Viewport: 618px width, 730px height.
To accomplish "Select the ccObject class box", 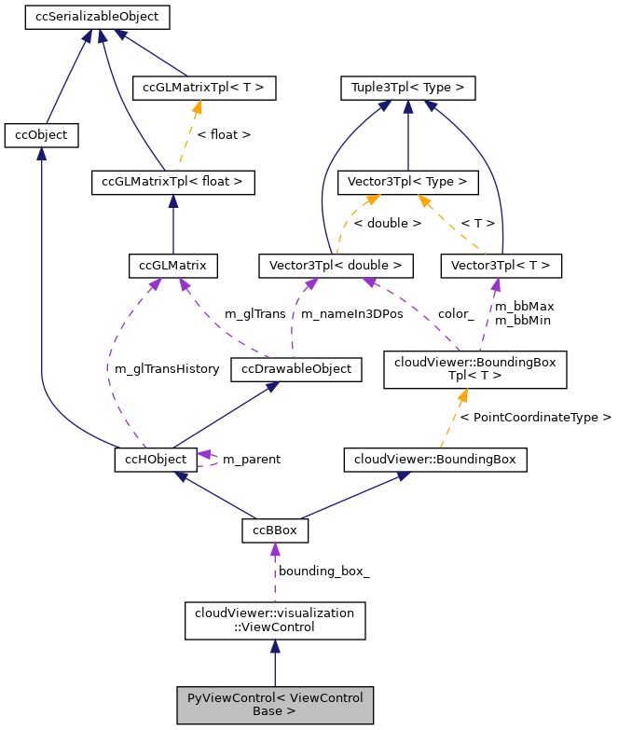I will (41, 135).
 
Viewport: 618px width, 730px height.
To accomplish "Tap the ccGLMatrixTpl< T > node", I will (204, 89).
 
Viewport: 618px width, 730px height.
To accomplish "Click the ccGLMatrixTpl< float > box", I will (172, 182).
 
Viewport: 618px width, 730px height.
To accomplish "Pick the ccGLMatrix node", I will (172, 266).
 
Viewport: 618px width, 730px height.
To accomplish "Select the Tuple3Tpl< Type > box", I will (407, 89).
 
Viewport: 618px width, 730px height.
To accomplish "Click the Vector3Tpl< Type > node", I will (407, 182).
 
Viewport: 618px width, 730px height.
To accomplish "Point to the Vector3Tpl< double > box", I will (335, 266).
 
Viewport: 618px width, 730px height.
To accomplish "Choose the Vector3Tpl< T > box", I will (501, 266).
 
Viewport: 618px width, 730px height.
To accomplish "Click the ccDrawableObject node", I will (295, 369).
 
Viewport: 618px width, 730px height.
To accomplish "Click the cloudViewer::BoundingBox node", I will (435, 459).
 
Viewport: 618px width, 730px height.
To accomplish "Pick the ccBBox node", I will (275, 530).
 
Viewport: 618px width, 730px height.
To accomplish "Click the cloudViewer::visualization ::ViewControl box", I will (274, 621).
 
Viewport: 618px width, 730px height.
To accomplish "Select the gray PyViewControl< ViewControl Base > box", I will (274, 705).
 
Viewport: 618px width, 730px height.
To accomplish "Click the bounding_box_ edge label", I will (323, 571).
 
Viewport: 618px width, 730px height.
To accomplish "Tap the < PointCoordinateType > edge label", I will (542, 417).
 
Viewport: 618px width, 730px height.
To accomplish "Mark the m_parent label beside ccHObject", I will (251, 460).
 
